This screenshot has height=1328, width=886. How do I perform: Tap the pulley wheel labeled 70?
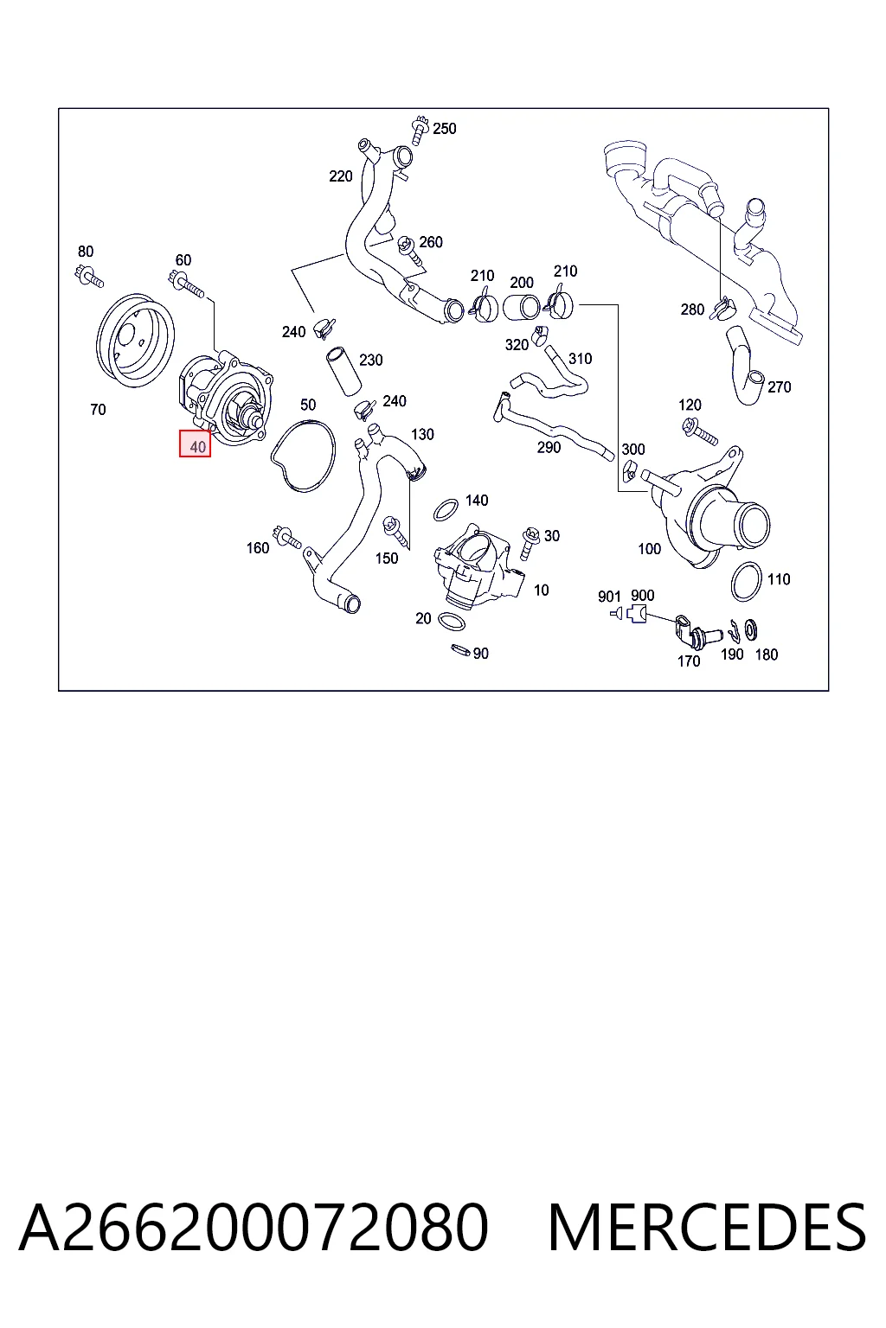point(135,341)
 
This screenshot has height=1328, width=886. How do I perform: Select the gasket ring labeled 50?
point(303,456)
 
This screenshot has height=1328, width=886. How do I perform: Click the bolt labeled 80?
point(90,277)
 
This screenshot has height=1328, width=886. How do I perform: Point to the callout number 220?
point(341,176)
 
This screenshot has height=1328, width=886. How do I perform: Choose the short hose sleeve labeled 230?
point(343,371)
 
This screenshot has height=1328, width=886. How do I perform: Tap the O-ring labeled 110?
point(746,582)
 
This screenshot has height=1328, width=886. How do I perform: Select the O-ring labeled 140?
point(446,510)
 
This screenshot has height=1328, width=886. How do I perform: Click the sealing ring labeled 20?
point(451,622)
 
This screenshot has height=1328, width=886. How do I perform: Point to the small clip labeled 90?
point(460,650)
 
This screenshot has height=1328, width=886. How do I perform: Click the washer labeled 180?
point(752,629)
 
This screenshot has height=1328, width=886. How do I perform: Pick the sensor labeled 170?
point(694,633)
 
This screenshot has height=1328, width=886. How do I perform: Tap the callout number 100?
point(649,549)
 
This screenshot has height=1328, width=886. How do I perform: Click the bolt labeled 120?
point(700,431)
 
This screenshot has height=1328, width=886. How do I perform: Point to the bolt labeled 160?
point(286,537)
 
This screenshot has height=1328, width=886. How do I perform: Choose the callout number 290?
point(549,447)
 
